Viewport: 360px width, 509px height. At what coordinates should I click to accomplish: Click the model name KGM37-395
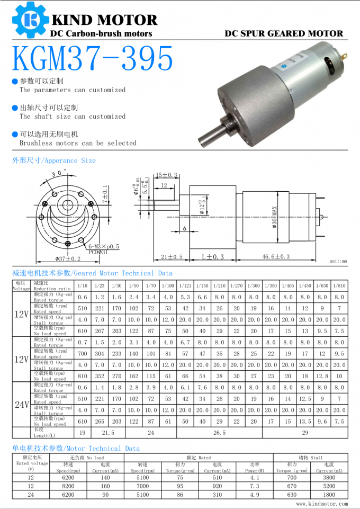[x=93, y=59]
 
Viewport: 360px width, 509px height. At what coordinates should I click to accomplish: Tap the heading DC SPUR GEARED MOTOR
[x=284, y=33]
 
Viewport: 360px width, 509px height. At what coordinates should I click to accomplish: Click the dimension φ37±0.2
[x=68, y=258]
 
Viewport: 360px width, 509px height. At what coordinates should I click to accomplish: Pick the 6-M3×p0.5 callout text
[x=104, y=246]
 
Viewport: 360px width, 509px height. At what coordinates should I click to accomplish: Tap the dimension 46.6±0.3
[x=276, y=257]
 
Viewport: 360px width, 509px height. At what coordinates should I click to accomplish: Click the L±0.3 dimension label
[x=213, y=257]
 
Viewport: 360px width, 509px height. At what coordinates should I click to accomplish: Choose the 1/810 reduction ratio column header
[x=339, y=285]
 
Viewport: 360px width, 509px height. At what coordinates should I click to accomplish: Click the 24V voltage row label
[x=21, y=405]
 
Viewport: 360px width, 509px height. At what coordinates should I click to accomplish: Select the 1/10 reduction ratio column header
[x=83, y=285]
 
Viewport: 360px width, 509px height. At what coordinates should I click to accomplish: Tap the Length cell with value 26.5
[x=219, y=433]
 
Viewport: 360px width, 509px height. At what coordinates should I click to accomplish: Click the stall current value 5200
[x=329, y=486]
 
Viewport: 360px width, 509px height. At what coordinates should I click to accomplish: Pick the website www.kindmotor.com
[x=322, y=504]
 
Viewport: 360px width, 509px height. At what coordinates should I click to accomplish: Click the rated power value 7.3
[x=254, y=486]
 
